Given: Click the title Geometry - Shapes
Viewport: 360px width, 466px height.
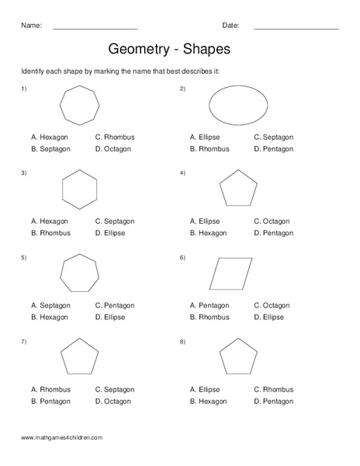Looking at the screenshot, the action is point(168,50).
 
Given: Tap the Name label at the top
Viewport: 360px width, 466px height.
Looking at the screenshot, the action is point(31,26).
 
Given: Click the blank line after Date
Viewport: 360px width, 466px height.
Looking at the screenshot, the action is point(296,27).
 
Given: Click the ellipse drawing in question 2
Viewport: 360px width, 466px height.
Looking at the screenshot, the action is point(237,106).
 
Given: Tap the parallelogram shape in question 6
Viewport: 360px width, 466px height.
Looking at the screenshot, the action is point(231,274).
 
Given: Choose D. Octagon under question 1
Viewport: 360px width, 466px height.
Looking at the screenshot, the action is point(114,148).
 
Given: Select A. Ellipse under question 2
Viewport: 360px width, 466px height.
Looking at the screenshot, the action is point(205,137).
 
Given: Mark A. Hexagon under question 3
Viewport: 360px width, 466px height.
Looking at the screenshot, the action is point(50,221).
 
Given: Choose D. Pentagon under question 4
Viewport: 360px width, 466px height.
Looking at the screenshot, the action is point(273,232).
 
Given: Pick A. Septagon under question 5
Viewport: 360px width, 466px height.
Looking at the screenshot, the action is point(50,305).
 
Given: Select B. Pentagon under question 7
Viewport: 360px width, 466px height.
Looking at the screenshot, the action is point(50,402).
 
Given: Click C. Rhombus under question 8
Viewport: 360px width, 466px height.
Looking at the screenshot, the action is point(273,390).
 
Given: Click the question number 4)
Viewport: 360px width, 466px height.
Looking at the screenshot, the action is point(182,172).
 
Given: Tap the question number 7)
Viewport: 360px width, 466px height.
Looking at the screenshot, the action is point(24,341).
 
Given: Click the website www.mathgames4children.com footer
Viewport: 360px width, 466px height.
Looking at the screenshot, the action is point(62,438).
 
